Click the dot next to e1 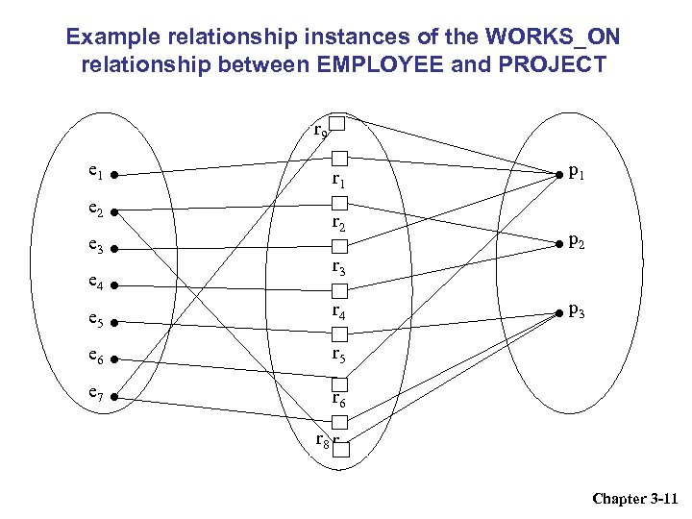tap(113, 177)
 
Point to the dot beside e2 tap(113, 212)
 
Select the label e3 tap(94, 247)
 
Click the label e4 tap(94, 284)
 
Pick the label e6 tap(94, 356)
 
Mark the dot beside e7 tap(113, 395)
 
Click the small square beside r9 tap(337, 123)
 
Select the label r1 tap(338, 180)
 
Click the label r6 tap(338, 398)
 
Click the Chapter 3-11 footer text tap(635, 498)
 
